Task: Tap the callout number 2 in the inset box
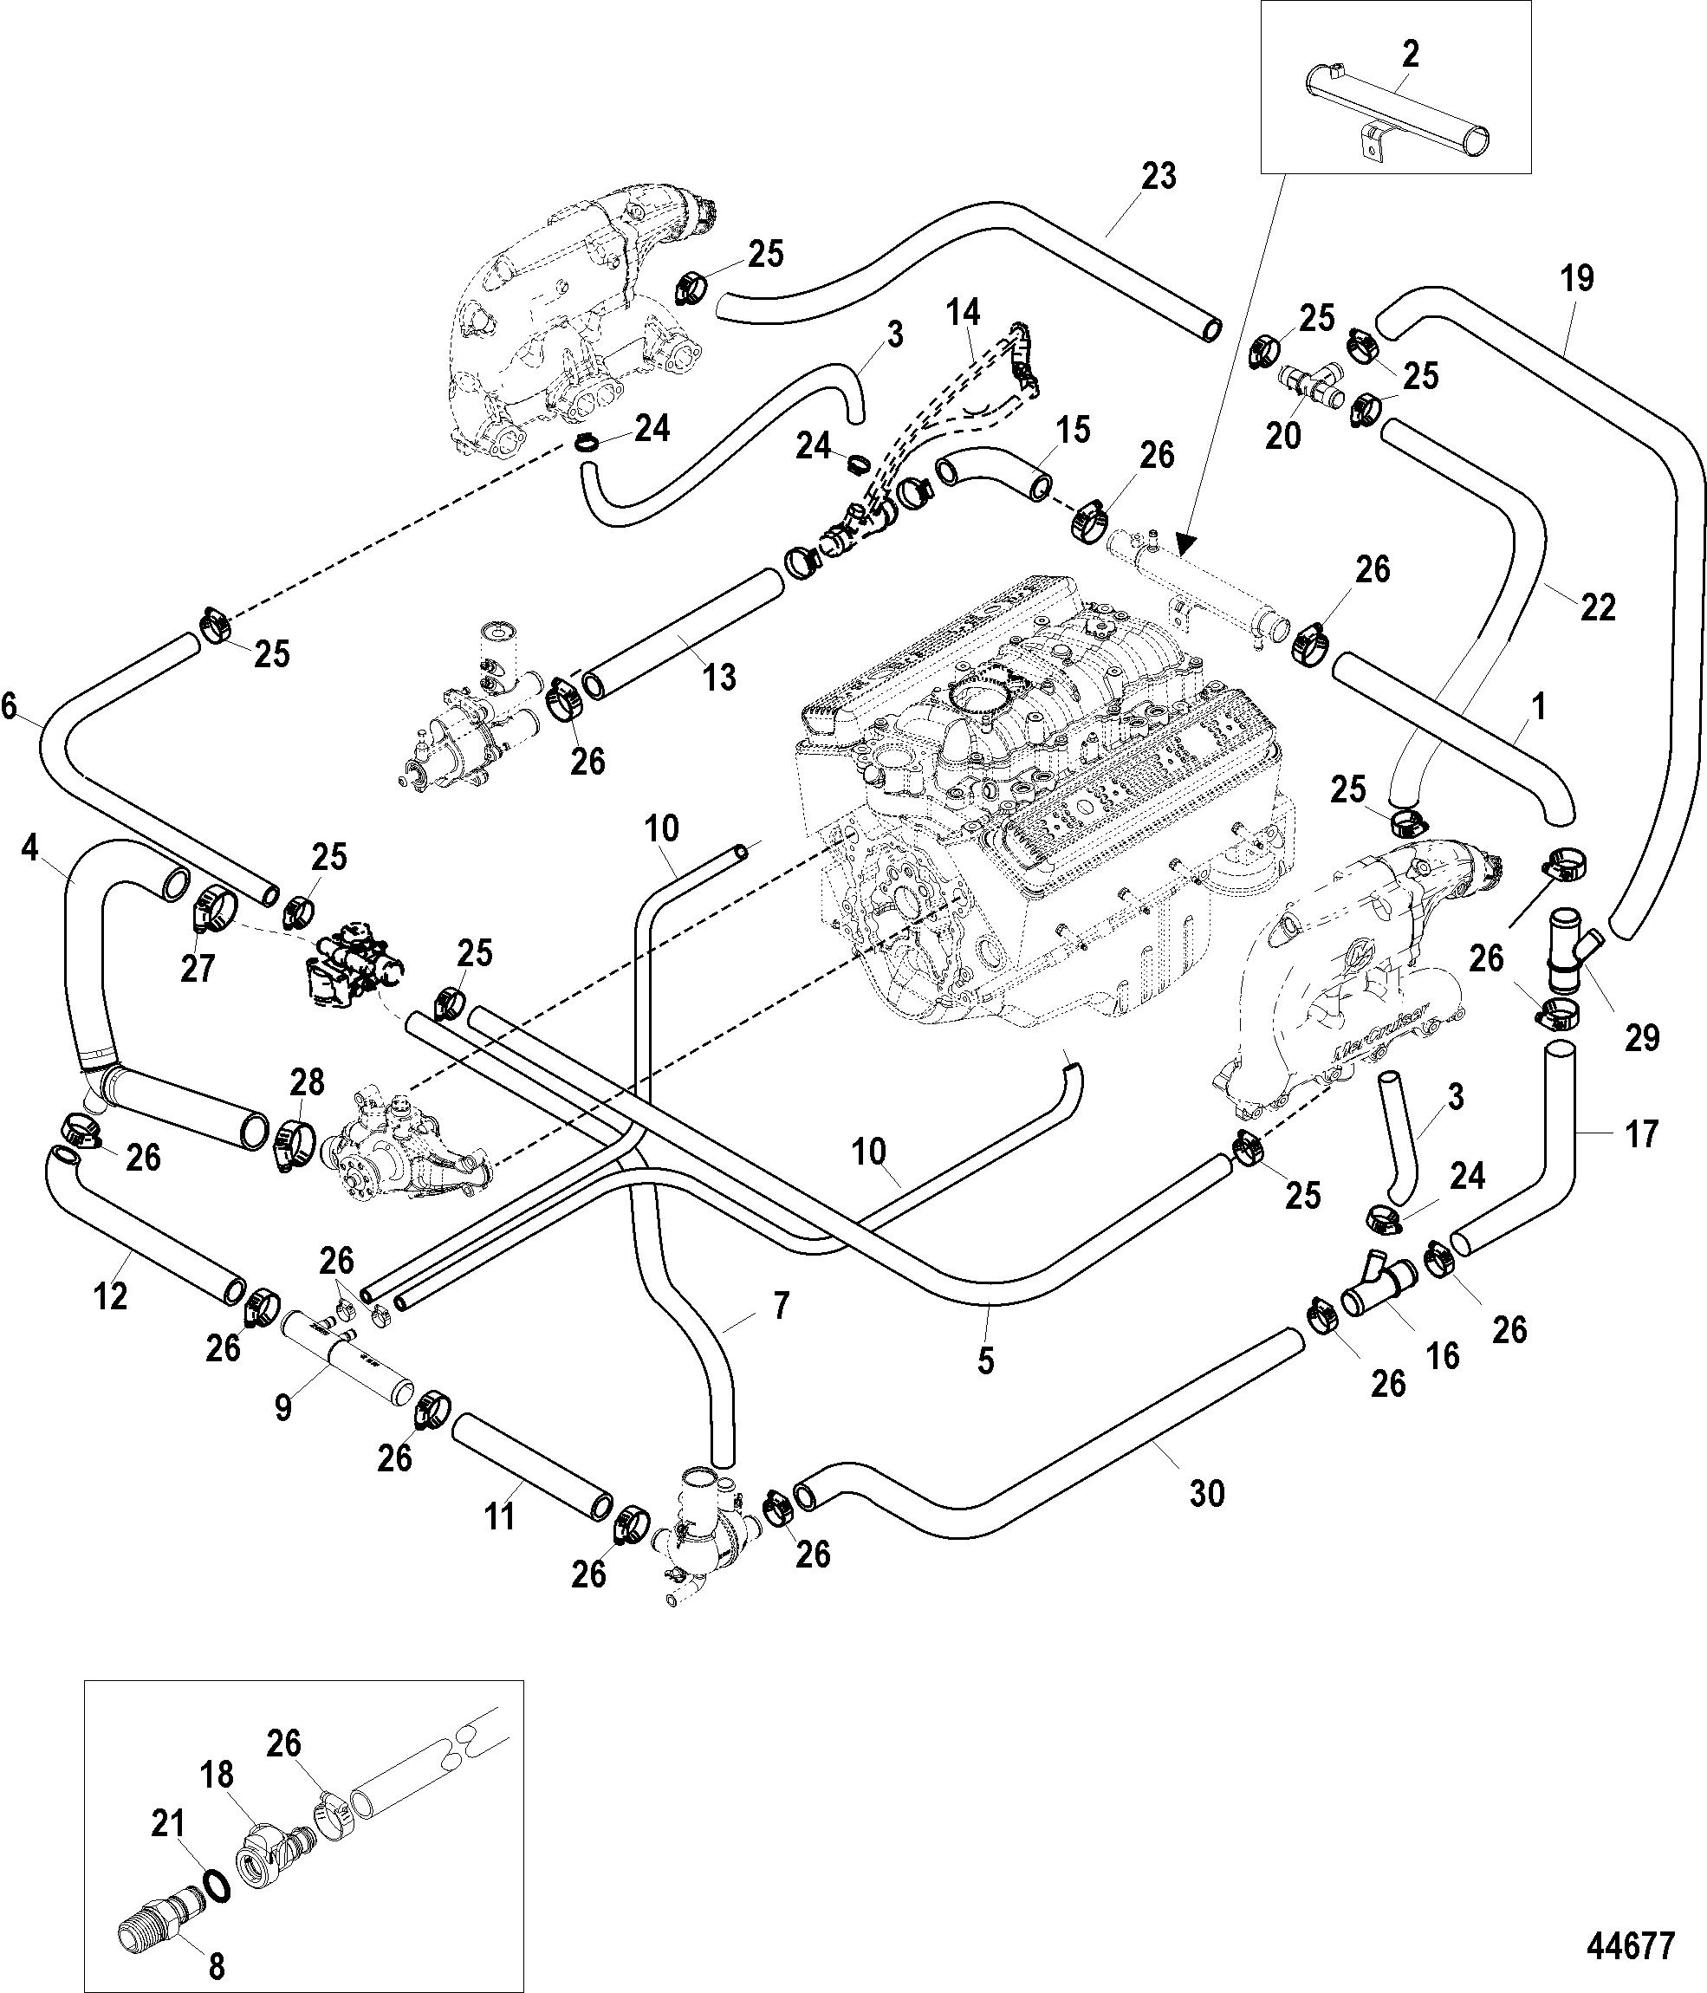pos(1410,54)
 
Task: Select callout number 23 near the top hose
pos(1159,177)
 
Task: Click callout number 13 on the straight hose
pos(719,676)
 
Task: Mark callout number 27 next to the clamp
pos(198,968)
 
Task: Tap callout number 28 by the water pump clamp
pos(308,1082)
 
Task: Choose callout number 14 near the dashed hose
pos(963,313)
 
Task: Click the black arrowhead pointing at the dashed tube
pos(1184,542)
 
